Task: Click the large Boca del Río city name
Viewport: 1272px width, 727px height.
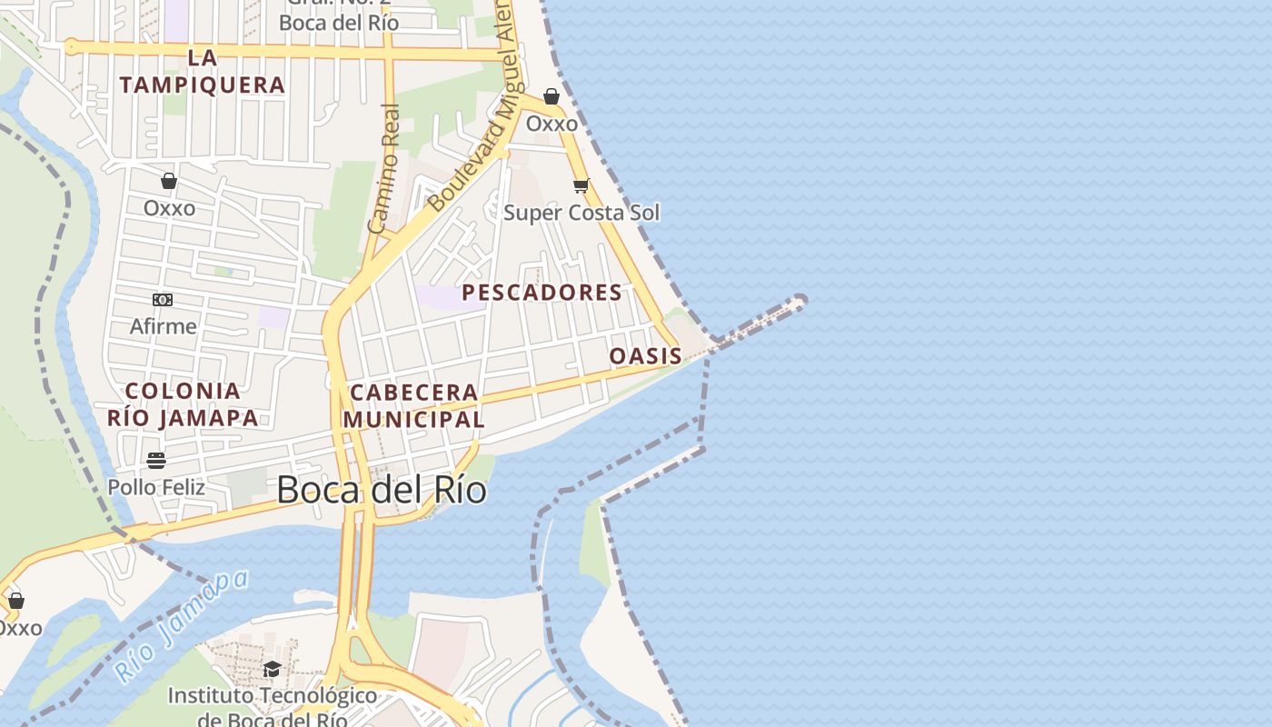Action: [x=381, y=491]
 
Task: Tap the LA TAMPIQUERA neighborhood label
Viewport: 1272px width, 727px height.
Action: [x=203, y=72]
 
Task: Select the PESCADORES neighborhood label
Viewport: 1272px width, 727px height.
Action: [x=542, y=293]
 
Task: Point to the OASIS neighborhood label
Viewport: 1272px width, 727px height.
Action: [x=645, y=356]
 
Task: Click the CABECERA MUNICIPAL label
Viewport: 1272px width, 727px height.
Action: [x=413, y=406]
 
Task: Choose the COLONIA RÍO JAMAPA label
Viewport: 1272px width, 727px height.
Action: [x=183, y=404]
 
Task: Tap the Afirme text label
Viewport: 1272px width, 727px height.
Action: [x=164, y=326]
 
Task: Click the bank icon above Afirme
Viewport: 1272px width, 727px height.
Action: [x=163, y=300]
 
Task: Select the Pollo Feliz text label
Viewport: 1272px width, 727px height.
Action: [x=156, y=487]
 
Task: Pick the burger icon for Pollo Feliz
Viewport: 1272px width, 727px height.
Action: [x=156, y=461]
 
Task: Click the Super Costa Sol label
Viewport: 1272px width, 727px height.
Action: [x=581, y=213]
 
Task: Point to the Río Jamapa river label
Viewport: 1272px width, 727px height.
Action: [x=182, y=627]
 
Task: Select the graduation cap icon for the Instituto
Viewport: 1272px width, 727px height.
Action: [x=272, y=670]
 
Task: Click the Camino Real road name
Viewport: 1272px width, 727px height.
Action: [x=385, y=168]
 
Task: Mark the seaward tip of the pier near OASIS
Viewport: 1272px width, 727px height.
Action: [x=800, y=300]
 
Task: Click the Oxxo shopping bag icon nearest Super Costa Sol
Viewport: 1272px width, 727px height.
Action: [x=552, y=96]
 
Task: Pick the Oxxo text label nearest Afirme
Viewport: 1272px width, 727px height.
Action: [x=169, y=208]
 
